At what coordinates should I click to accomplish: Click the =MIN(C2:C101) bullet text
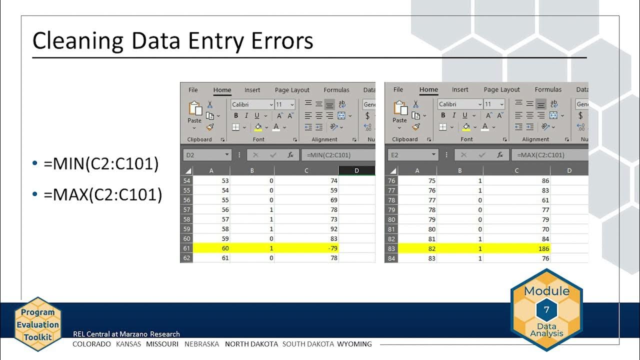[x=101, y=163]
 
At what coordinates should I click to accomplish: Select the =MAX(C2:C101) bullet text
[x=103, y=194]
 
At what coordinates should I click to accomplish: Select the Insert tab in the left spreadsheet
[x=252, y=90]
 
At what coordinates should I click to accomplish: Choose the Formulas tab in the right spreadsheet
[x=548, y=89]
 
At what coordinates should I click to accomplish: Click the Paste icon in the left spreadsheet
[x=194, y=112]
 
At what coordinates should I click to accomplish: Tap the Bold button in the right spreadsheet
[x=442, y=115]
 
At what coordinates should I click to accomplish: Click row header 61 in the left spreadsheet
[x=186, y=248]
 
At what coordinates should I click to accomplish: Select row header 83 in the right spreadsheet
[x=391, y=248]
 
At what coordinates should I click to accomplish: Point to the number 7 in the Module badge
[x=546, y=310]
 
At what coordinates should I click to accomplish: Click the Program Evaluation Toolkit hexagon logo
[x=37, y=324]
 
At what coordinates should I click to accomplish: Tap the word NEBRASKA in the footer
[x=201, y=344]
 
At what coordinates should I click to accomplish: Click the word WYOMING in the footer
[x=354, y=344]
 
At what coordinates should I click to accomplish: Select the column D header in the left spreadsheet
[x=356, y=170]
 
